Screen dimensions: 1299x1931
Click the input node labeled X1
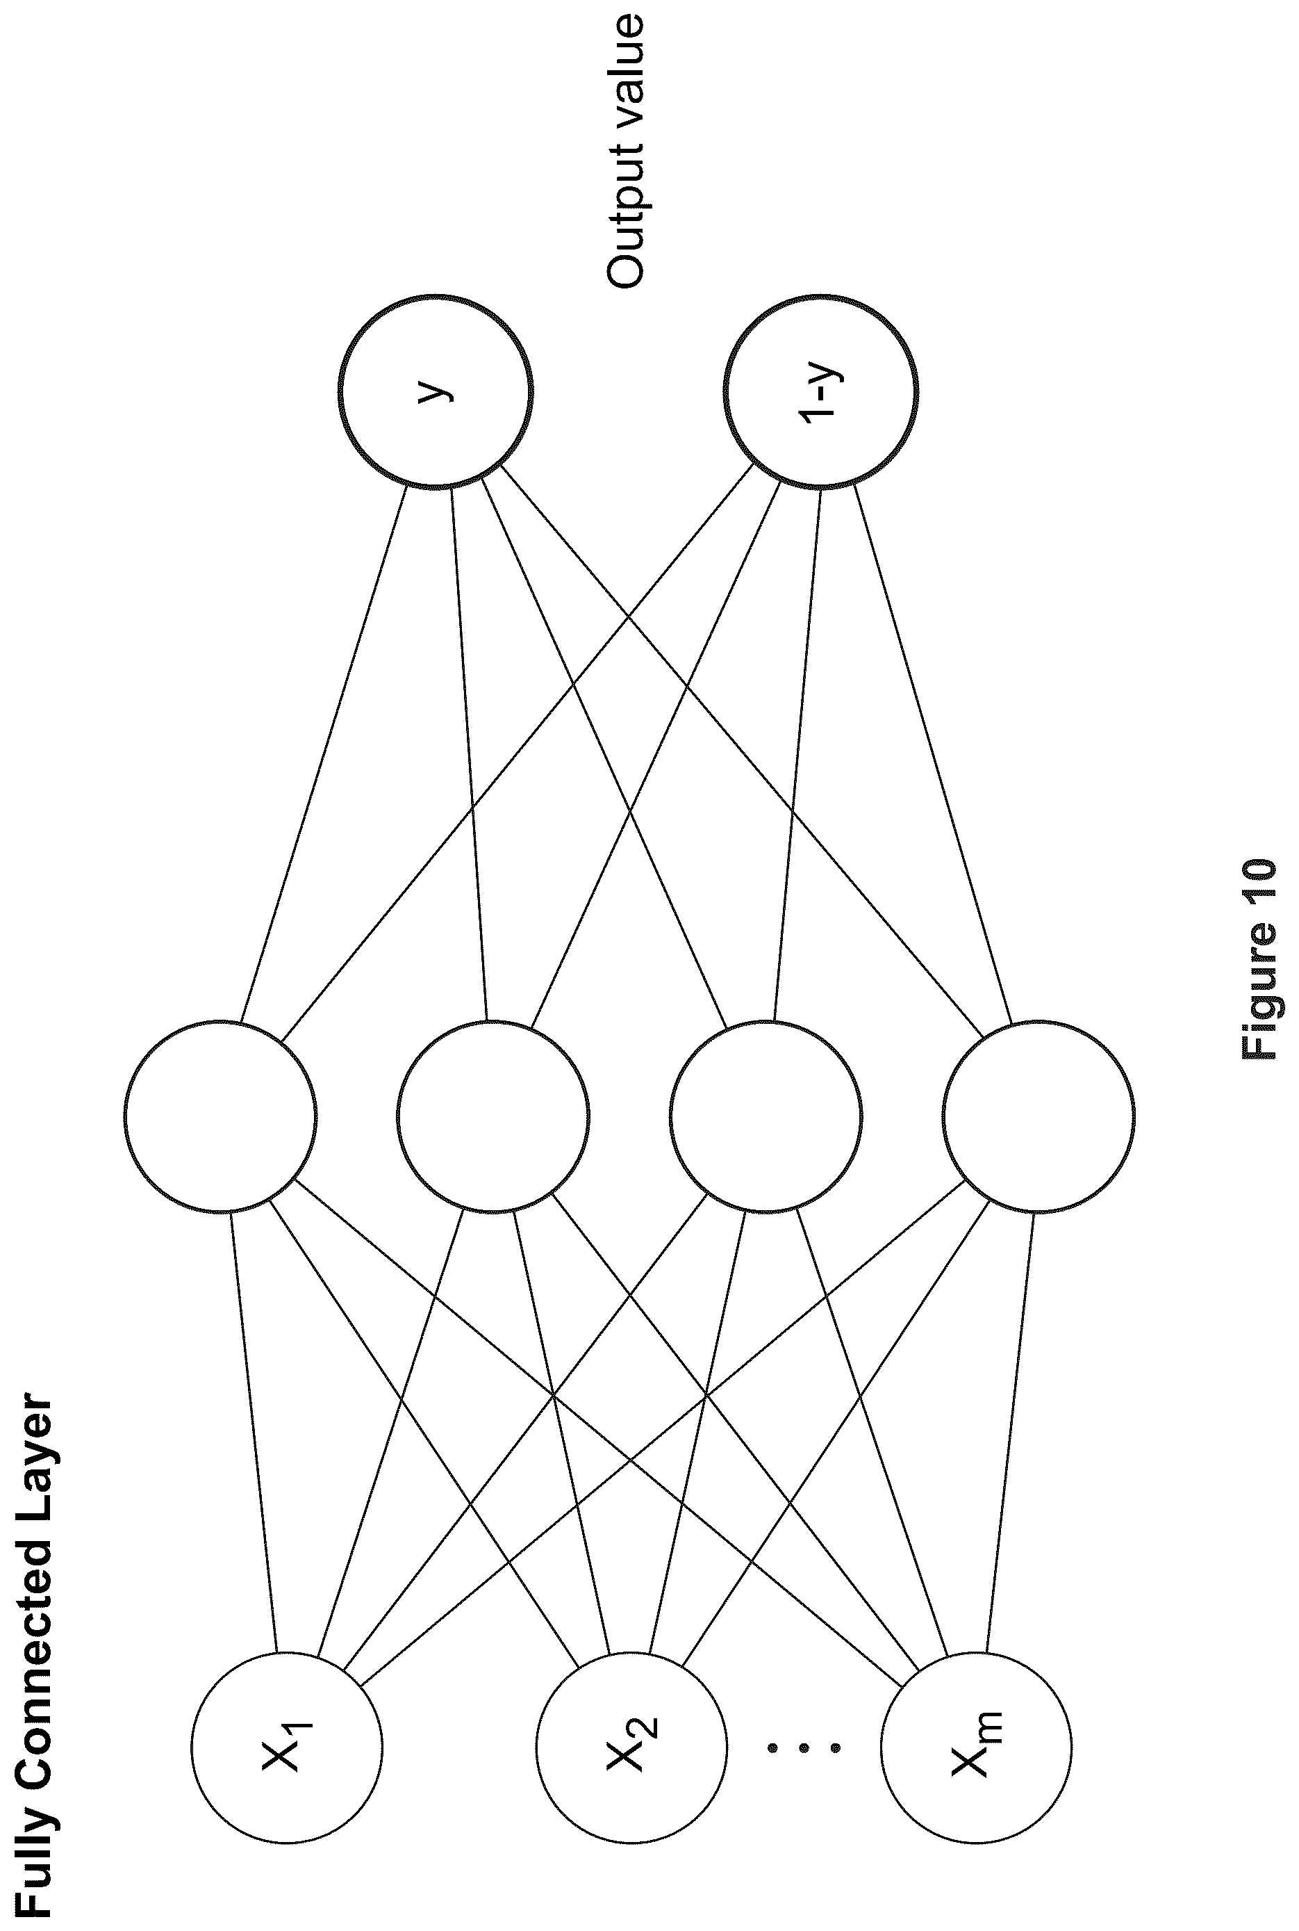coord(287,1746)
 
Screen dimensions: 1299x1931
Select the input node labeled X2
coord(631,1746)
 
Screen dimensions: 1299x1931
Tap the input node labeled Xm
coord(976,1746)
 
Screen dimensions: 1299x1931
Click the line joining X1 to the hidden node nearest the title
coord(254,1431)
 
